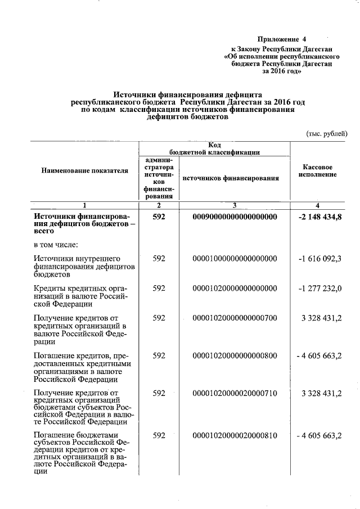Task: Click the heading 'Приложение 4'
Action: (282, 39)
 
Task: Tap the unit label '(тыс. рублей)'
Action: (326, 134)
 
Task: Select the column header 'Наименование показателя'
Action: (84, 170)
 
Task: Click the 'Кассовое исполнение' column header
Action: (318, 171)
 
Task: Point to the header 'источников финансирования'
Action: (231, 178)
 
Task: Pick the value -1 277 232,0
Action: (321, 289)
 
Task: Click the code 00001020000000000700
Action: (235, 318)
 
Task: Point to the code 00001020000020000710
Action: (235, 393)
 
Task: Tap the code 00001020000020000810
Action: (235, 436)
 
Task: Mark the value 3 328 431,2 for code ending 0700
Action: (322, 318)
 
